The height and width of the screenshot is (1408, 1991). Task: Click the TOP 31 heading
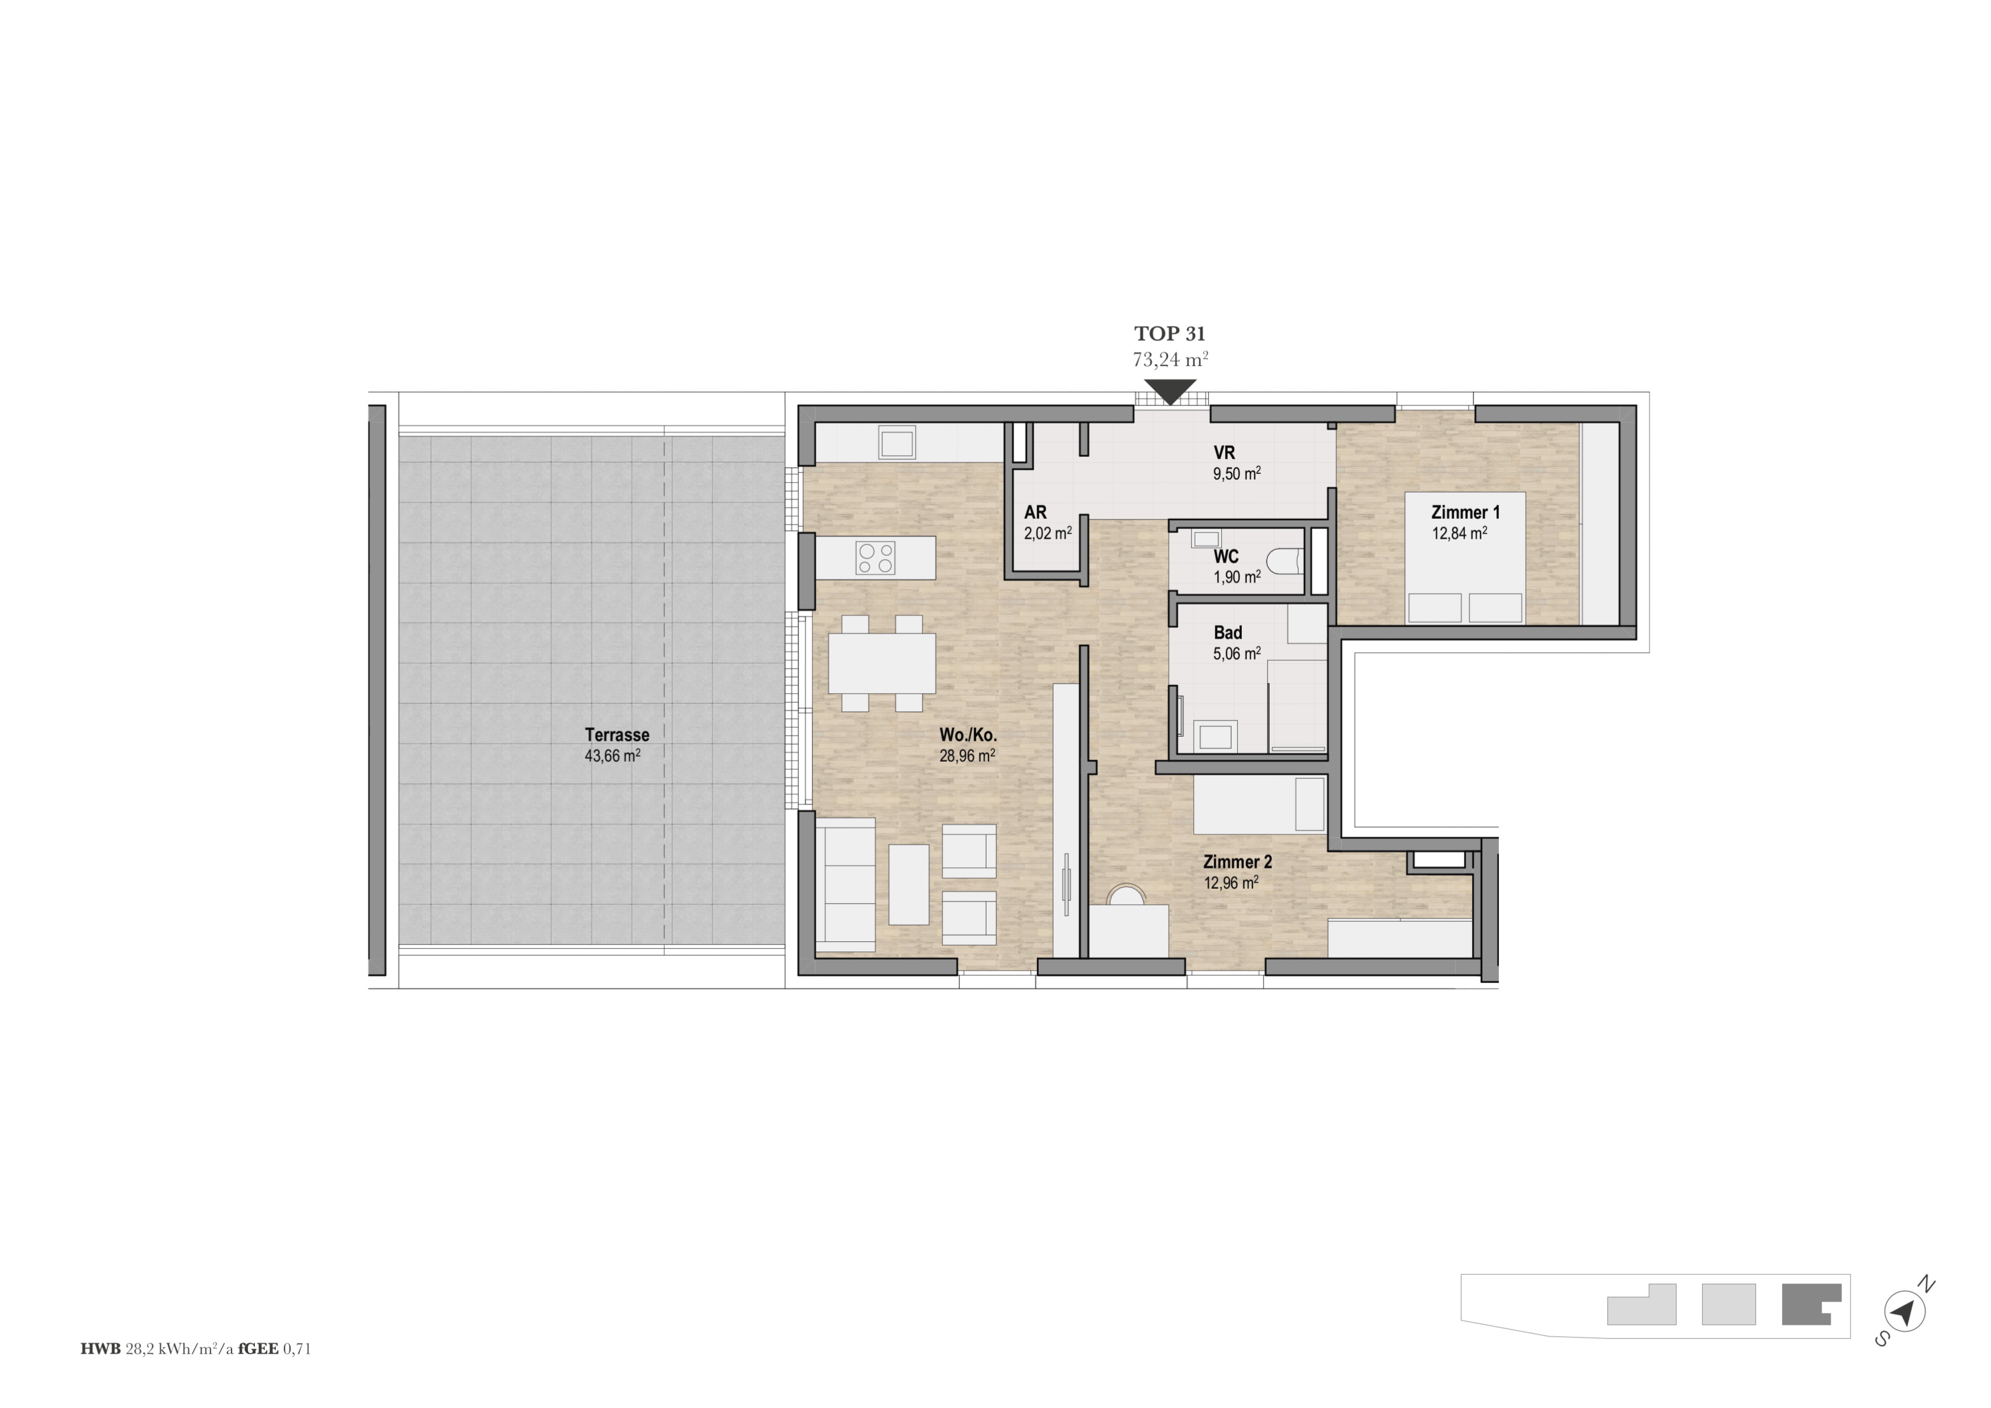click(1170, 334)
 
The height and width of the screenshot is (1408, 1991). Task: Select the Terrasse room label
click(617, 734)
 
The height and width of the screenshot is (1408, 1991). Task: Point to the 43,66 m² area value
click(612, 755)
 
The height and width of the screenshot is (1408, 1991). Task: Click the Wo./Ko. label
click(968, 735)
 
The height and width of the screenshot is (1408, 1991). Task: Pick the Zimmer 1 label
click(1465, 513)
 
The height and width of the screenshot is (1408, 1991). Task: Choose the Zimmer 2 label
click(1237, 862)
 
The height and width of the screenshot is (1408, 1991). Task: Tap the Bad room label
click(1228, 633)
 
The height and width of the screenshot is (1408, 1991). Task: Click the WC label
click(1226, 556)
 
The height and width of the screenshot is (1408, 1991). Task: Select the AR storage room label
click(1035, 513)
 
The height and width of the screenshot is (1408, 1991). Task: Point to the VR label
click(1224, 453)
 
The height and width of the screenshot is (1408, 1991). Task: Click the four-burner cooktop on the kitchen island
click(875, 558)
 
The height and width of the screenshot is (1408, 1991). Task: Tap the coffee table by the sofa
click(909, 884)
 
